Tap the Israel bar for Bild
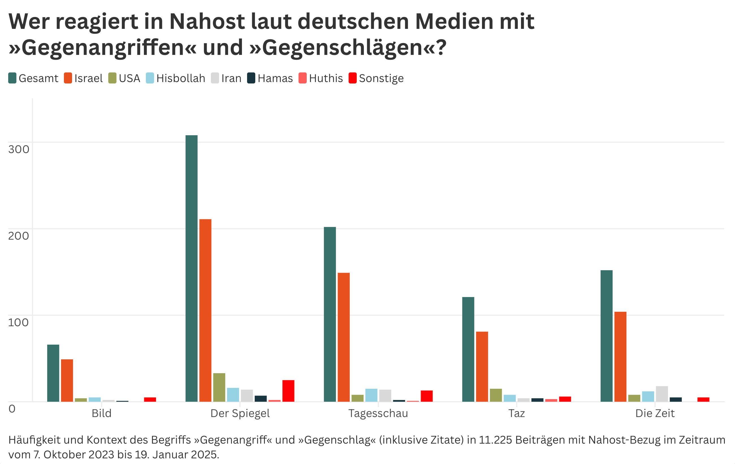[x=67, y=380]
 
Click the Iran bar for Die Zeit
[x=661, y=394]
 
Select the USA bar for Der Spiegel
[x=219, y=387]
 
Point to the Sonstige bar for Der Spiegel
[x=288, y=391]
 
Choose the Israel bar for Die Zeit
[x=620, y=356]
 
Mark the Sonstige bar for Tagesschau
[x=426, y=396]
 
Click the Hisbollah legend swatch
[x=150, y=78]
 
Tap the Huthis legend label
[x=326, y=78]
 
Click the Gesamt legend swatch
[x=12, y=78]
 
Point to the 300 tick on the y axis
[x=18, y=149]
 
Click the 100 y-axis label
[x=18, y=322]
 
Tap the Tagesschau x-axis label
[x=378, y=413]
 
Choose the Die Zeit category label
[x=655, y=413]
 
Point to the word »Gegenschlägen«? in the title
[x=348, y=47]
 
